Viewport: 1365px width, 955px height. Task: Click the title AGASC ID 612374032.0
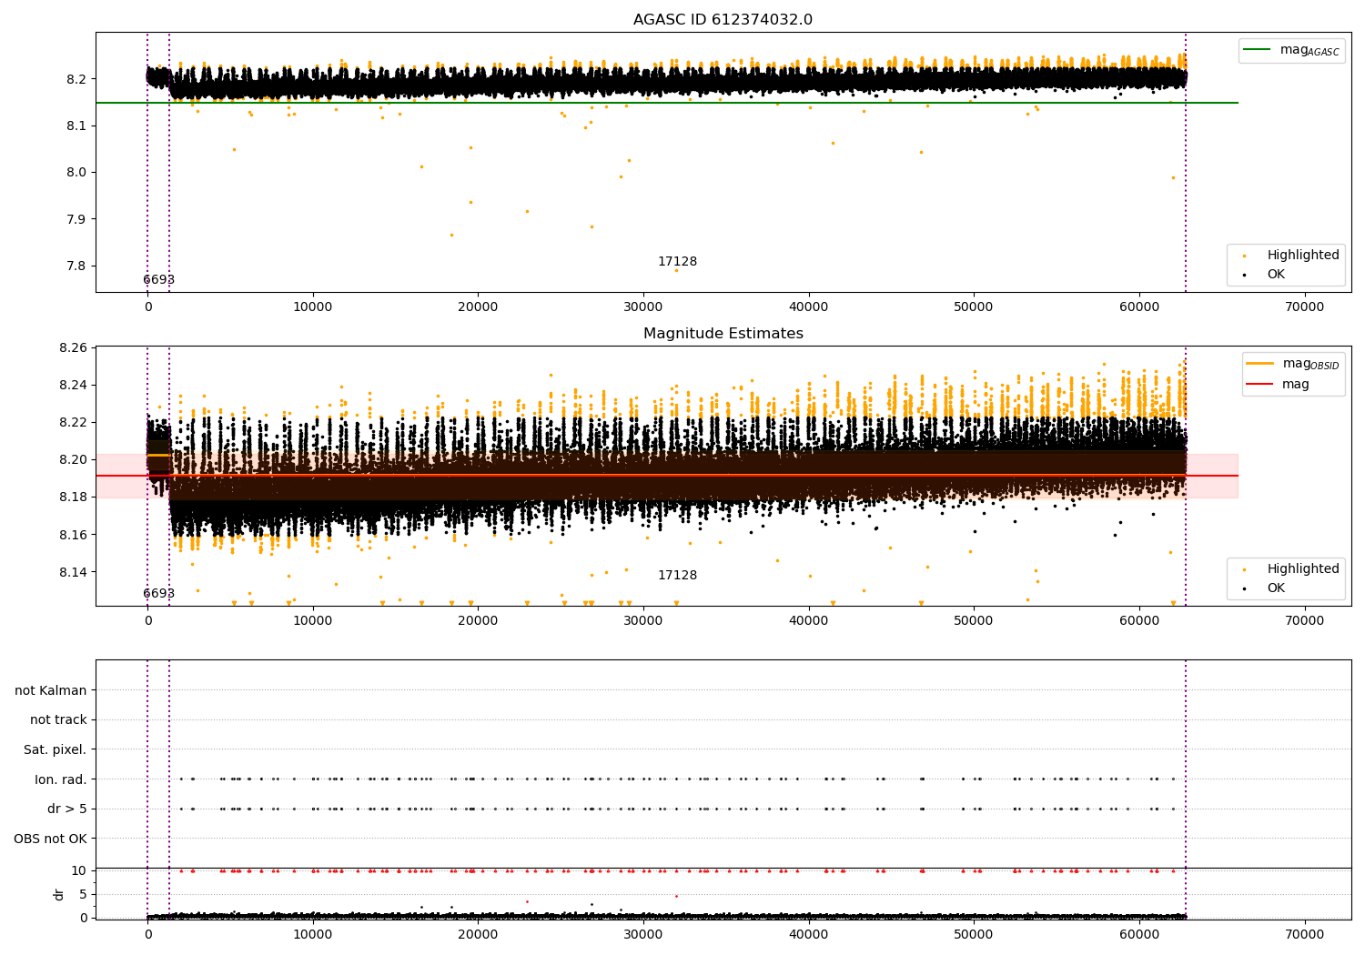pos(723,20)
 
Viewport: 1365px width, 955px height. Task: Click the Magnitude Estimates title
pos(723,334)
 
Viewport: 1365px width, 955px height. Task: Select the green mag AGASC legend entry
pos(1293,50)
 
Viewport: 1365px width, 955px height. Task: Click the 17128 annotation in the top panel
pos(677,262)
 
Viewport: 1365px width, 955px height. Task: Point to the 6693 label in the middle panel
pos(158,594)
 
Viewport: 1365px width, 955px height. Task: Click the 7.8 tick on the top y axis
pos(76,266)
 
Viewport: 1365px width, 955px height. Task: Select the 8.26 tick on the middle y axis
pos(72,347)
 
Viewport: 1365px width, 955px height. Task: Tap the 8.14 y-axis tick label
pos(72,572)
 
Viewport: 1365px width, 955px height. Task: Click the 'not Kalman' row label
pos(51,691)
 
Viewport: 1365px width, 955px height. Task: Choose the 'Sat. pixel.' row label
pos(55,750)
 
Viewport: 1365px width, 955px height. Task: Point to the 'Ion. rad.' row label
pos(61,779)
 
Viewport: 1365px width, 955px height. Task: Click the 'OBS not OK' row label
pos(50,839)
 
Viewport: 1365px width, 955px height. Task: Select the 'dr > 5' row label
pos(67,809)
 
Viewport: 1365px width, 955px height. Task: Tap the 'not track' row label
pos(58,720)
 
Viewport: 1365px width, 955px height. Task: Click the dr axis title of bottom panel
pos(59,894)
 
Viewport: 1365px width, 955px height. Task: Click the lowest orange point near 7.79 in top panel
pos(676,270)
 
